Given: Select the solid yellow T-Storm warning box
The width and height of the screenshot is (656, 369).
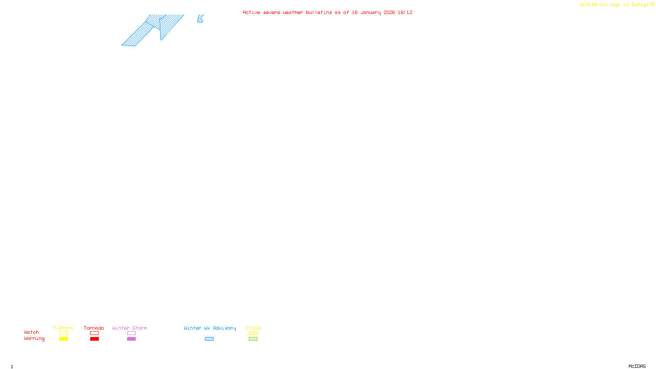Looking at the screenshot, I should point(64,339).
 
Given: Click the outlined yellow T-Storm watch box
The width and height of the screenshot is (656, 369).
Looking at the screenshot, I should point(64,333).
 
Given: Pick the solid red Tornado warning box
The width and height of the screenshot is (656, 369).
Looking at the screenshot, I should point(94,339).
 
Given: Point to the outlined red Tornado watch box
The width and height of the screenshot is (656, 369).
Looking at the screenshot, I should point(94,333).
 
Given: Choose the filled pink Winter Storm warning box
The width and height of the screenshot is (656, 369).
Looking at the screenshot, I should point(131,339).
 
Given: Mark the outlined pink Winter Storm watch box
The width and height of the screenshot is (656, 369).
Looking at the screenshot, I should point(131,333).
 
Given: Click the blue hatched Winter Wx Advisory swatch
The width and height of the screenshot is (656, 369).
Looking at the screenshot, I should point(209,339).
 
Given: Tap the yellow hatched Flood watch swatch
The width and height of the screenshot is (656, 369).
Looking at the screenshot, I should point(253,333).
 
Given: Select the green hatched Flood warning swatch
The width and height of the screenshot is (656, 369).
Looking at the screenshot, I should point(253,339).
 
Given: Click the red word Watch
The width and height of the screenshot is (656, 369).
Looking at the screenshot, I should point(32,332).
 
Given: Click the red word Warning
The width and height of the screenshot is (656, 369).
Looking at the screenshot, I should point(34,339).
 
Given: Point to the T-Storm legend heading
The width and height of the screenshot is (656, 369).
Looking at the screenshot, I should point(63,328).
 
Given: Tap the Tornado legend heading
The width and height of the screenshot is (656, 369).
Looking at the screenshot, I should point(94,328).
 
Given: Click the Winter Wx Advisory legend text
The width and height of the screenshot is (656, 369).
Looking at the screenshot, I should point(210,328).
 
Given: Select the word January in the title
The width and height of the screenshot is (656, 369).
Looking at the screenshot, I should point(371,12).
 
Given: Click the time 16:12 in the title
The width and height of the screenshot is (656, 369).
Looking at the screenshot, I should point(405,12).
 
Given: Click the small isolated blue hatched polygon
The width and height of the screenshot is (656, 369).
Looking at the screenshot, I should point(200,19).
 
